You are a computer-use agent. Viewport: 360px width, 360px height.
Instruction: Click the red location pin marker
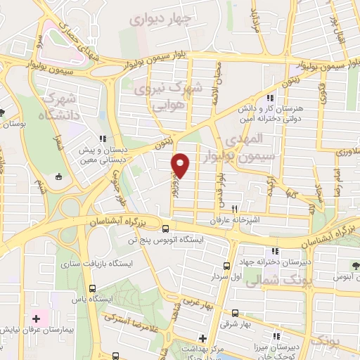coord(181,165)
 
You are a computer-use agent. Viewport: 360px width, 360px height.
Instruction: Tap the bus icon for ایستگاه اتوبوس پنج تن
coord(166,229)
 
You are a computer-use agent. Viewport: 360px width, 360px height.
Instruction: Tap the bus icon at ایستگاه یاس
coord(94,288)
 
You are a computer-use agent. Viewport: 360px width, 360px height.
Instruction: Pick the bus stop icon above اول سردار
coord(226,266)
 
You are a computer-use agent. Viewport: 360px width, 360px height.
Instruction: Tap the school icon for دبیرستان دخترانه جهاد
coord(267,252)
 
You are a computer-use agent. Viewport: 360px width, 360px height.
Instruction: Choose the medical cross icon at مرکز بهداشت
coord(202,338)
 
